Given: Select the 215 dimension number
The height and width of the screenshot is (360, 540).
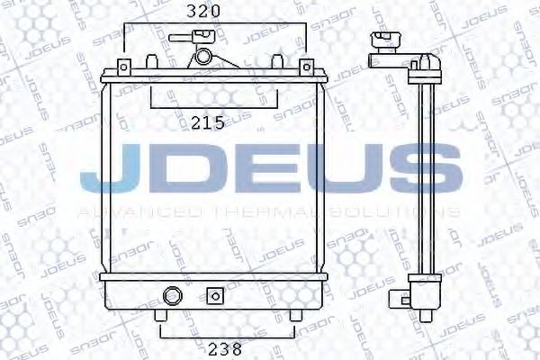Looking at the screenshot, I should pos(209,123).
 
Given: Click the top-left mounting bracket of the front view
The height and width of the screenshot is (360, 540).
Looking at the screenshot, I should pos(122,69).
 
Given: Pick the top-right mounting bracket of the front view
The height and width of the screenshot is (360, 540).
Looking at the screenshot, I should pos(305,69).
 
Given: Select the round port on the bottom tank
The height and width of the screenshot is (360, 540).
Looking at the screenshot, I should pos(171,294).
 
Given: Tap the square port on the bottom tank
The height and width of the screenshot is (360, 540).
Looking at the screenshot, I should pos(214,294).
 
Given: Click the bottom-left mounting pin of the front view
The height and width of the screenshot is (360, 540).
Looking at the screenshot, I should pos(160,317).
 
